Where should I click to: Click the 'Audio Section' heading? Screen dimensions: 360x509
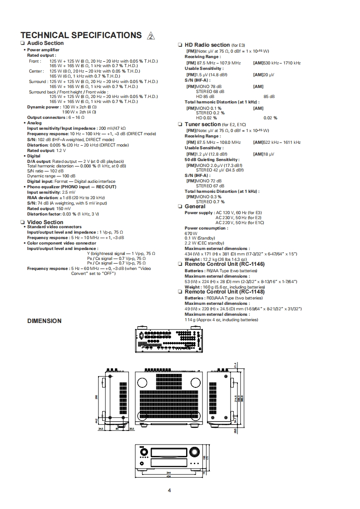tap(45, 44)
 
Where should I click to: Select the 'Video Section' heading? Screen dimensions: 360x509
tap(45, 222)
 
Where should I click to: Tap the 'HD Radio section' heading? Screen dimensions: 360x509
tap(207, 45)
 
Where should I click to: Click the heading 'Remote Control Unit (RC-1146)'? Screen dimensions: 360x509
tap(224, 264)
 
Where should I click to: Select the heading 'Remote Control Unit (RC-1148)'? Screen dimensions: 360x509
tap(224, 292)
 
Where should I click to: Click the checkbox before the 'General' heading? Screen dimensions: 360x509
tap(180, 207)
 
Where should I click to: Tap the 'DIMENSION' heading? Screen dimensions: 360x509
tap(44, 321)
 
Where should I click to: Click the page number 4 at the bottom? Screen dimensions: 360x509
tap(169, 489)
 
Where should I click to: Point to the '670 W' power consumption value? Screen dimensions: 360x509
tap(189, 233)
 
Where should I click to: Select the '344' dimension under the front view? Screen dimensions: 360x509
tap(168, 472)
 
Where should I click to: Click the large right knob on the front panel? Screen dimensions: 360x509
tap(194, 452)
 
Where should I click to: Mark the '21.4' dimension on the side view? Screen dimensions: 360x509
tap(236, 365)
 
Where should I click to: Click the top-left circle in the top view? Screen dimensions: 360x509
tap(141, 381)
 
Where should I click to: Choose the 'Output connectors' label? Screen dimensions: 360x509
tap(46, 117)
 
